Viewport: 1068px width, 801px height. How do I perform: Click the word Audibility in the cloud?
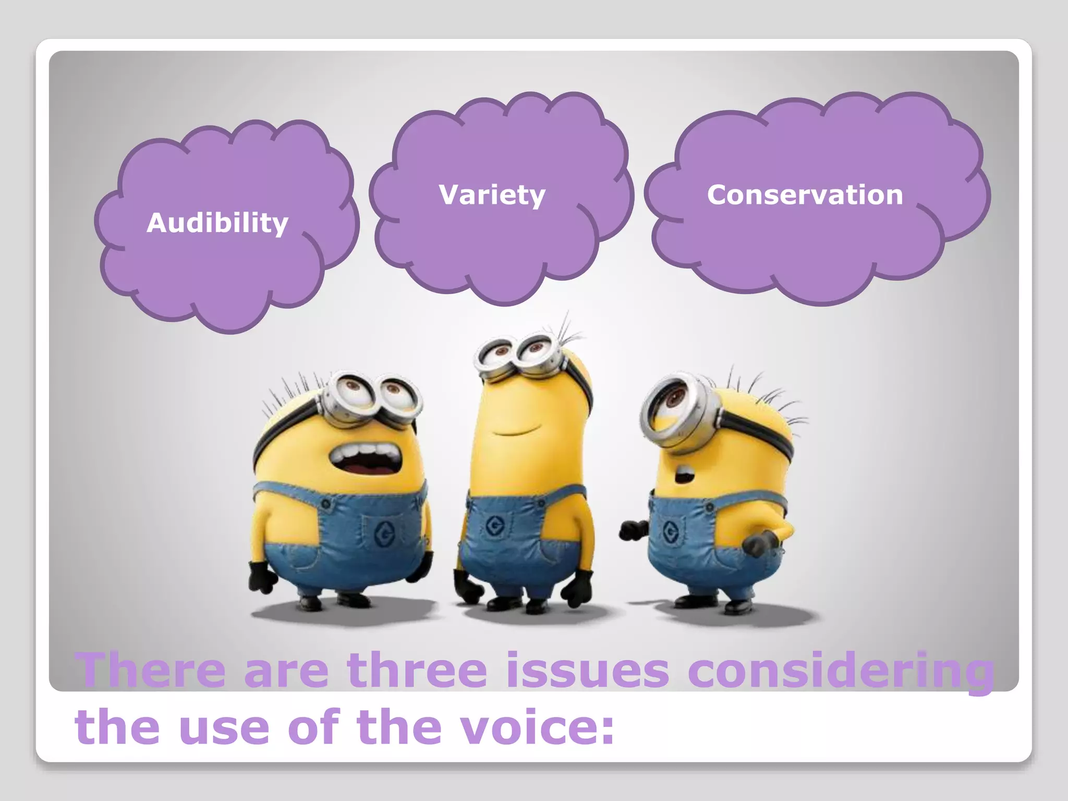coord(217,223)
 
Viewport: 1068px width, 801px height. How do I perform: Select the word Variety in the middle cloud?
coord(492,195)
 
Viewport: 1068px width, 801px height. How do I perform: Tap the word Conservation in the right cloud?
coord(805,195)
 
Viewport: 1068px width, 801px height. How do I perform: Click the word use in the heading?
coord(224,728)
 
